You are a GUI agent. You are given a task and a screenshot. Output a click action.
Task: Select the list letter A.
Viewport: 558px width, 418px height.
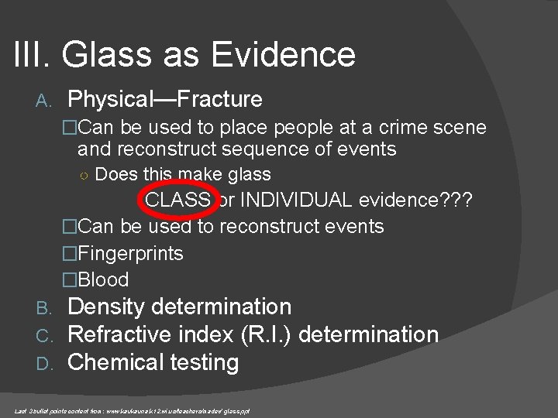43,101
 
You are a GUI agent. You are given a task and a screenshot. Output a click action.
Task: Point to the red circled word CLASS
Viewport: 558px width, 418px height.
177,200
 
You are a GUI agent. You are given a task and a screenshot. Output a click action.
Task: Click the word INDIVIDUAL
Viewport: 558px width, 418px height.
298,200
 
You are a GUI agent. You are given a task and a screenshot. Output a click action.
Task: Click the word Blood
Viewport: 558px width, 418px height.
104,279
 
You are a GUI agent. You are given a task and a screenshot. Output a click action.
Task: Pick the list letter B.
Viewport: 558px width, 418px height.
43,308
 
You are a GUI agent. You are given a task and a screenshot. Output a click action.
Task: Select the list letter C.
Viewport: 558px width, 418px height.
43,336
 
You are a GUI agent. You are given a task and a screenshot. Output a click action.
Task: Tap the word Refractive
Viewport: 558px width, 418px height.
127,335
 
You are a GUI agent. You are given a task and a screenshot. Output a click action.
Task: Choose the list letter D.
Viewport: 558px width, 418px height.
43,363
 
